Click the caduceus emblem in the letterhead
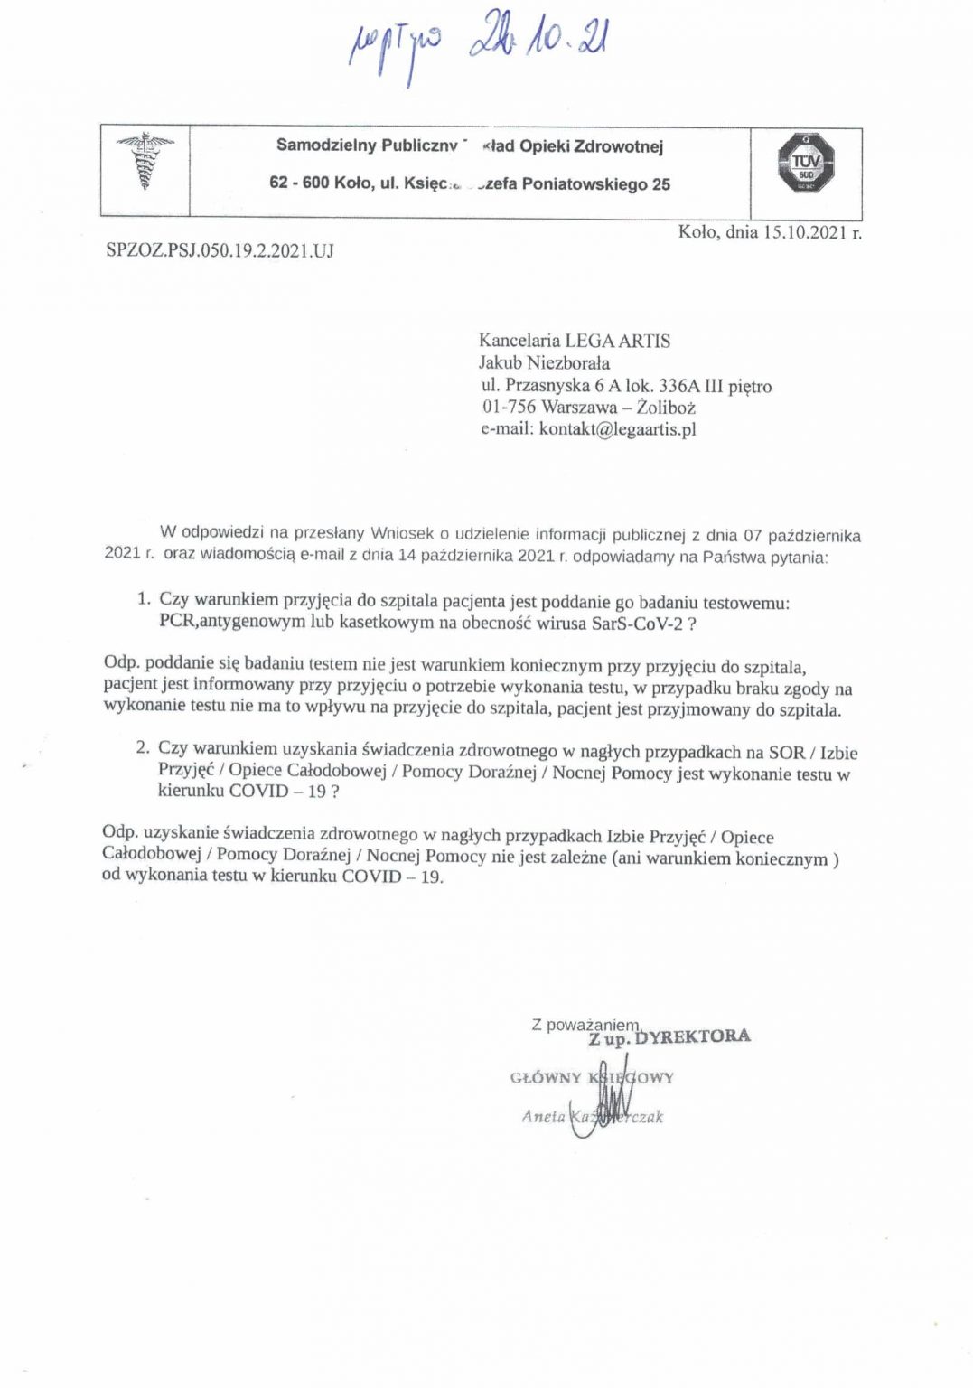pyautogui.click(x=145, y=161)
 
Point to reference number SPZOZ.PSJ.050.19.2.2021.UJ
pyautogui.click(x=220, y=250)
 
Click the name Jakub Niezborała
pyautogui.click(x=544, y=363)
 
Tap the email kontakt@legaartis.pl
pyautogui.click(x=617, y=429)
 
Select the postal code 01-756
pyautogui.click(x=509, y=408)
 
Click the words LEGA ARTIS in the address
pyautogui.click(x=618, y=341)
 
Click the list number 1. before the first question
pyautogui.click(x=143, y=598)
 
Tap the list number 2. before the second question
pyautogui.click(x=142, y=747)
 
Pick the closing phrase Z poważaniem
pyautogui.click(x=585, y=1025)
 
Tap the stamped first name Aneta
pyautogui.click(x=543, y=1117)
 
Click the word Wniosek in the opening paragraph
pyautogui.click(x=403, y=534)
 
